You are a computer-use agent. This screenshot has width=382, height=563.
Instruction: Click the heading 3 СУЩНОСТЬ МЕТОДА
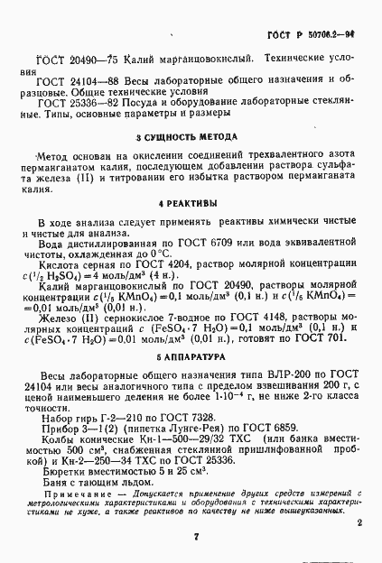tap(186, 138)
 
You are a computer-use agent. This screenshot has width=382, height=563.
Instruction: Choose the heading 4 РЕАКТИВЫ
tap(187, 202)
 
